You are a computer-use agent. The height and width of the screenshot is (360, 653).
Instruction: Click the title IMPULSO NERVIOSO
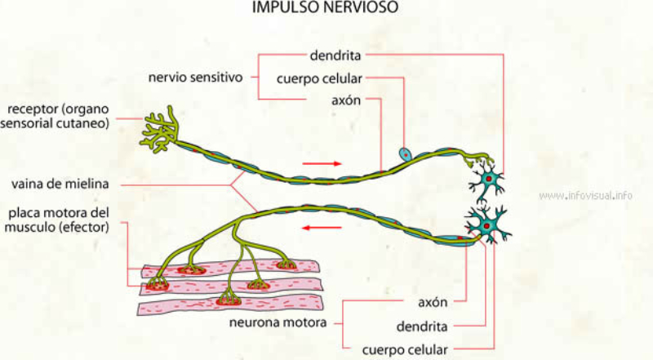[326, 9]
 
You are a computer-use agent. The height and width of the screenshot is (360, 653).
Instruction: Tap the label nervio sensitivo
[195, 78]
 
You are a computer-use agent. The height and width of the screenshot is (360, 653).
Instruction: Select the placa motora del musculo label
[56, 220]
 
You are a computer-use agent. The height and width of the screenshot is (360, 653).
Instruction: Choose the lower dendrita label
[421, 327]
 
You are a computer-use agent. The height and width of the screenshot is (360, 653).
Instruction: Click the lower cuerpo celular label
[406, 350]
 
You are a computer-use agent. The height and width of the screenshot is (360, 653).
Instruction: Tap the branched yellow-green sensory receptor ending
[162, 129]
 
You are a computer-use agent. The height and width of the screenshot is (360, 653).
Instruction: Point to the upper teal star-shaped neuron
[489, 180]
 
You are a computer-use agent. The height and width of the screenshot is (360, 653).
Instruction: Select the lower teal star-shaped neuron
[487, 223]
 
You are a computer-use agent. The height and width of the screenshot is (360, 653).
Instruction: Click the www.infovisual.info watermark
[586, 196]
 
